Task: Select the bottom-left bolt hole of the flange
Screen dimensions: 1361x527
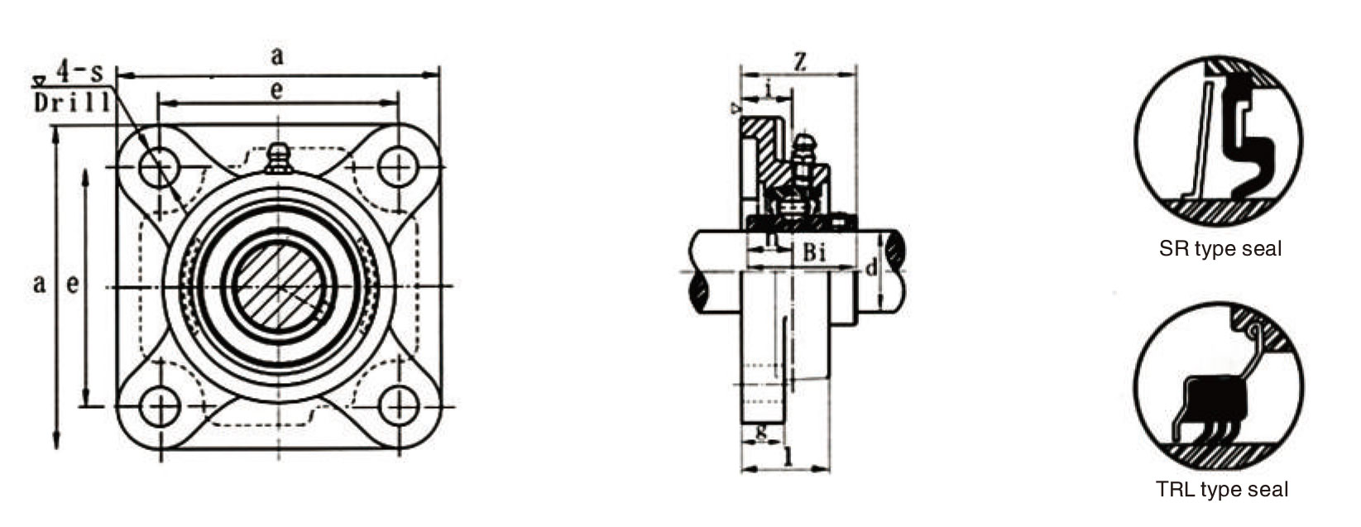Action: click(160, 406)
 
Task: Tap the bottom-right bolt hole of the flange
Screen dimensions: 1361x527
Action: click(399, 406)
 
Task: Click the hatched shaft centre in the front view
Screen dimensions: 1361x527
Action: click(279, 285)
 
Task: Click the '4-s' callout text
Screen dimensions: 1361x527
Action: click(80, 72)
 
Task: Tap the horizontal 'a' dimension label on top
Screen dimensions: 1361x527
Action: click(277, 56)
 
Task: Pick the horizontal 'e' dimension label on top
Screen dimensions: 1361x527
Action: click(276, 90)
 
